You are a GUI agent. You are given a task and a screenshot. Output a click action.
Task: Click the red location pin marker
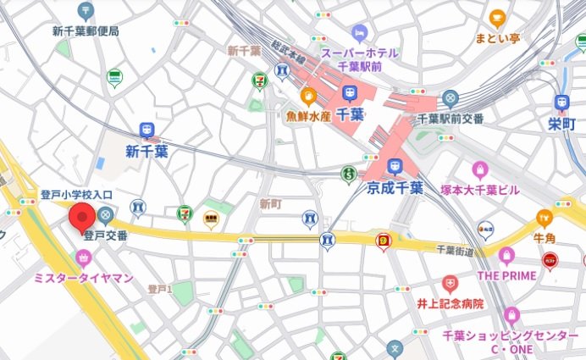point(82,218)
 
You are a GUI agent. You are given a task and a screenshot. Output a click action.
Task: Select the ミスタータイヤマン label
point(83,277)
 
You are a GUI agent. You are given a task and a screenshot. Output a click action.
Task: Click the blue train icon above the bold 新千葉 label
point(147,130)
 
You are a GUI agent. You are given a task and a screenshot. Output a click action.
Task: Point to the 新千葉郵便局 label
point(86,31)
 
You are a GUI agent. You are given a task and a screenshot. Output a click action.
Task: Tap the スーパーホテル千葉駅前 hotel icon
point(359,34)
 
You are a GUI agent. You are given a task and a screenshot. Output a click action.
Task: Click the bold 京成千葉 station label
point(394,186)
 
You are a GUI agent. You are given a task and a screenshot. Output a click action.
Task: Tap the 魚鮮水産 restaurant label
point(307,114)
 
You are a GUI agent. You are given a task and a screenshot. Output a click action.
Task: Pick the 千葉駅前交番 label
point(450,118)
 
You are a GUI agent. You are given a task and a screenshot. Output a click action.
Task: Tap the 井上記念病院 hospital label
point(450,302)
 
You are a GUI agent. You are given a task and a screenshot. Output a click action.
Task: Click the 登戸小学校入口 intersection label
point(77,195)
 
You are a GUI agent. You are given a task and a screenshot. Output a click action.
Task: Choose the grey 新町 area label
point(269,203)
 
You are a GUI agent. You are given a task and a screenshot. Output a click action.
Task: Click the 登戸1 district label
point(160,289)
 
